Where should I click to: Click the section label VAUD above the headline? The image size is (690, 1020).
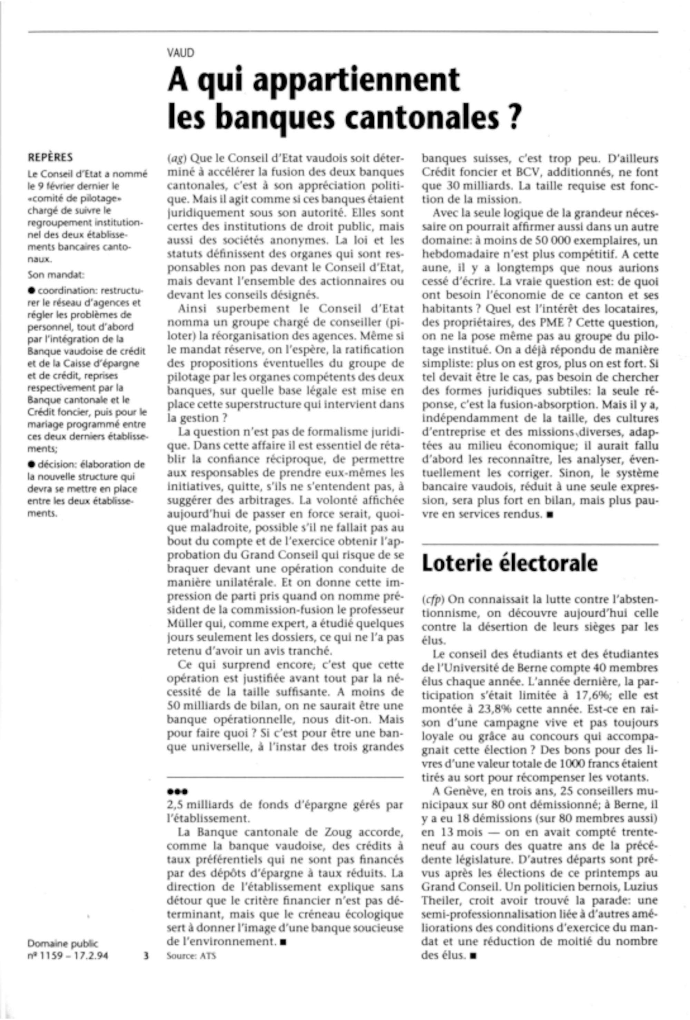(x=180, y=53)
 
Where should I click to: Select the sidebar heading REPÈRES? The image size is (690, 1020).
(x=50, y=157)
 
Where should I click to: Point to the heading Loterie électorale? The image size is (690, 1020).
(x=509, y=563)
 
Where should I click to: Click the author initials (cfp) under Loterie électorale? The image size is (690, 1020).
(x=432, y=599)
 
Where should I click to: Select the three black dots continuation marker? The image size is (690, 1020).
(x=177, y=792)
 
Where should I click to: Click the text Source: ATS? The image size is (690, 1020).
(x=191, y=955)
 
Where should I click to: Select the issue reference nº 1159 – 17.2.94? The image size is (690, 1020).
(x=68, y=955)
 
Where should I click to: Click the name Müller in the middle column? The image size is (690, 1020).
(x=181, y=623)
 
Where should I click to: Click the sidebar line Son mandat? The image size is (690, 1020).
(x=56, y=275)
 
